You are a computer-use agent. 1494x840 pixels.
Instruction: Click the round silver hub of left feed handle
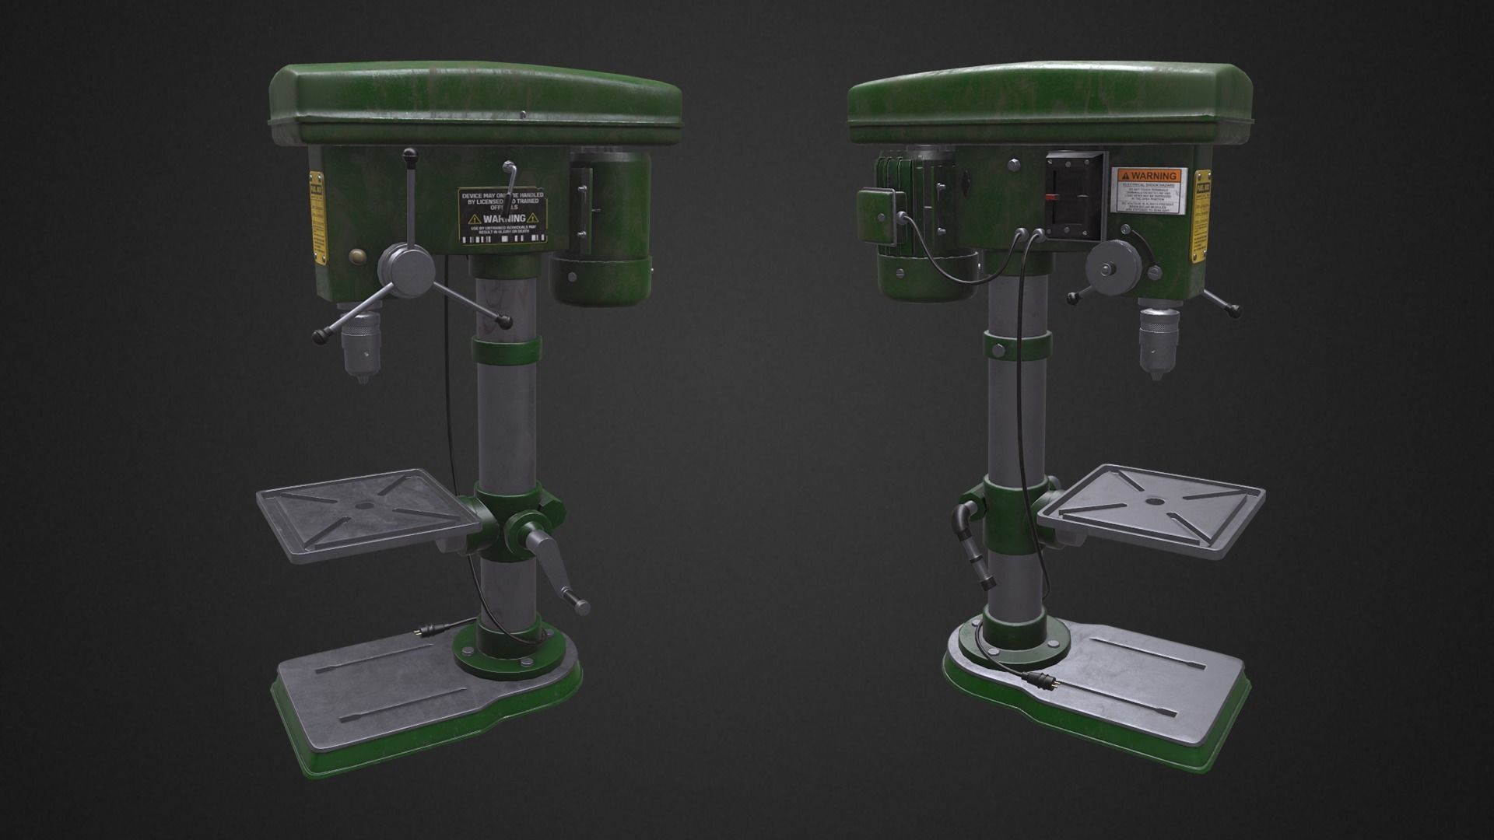pyautogui.click(x=405, y=268)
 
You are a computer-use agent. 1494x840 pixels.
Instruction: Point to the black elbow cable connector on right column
pyautogui.click(x=965, y=517)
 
